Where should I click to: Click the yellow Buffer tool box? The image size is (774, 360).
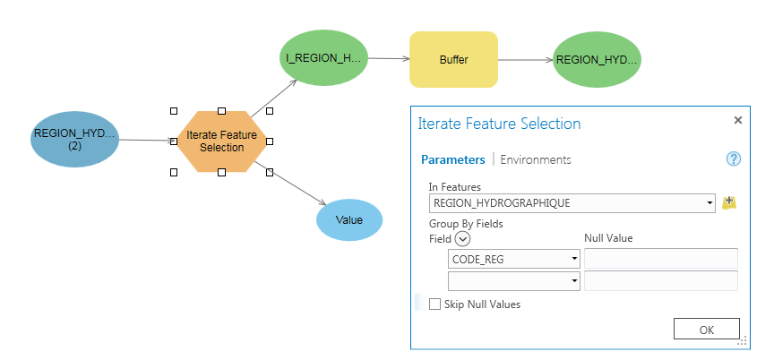(453, 60)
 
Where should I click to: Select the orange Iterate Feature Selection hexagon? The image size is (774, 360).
(221, 141)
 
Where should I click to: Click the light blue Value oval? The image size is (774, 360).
(348, 219)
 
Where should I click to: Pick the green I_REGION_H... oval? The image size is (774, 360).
(322, 58)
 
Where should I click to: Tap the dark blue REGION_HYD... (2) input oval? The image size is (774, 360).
(74, 140)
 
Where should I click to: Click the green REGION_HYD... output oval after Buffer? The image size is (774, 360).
(597, 60)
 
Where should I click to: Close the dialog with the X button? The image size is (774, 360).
(737, 120)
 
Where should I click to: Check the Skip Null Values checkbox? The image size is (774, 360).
(435, 304)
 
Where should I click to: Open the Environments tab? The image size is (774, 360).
(535, 159)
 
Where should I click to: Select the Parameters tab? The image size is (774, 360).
(452, 159)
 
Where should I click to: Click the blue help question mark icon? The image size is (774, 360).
(733, 159)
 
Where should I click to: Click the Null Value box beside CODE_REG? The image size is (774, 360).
(660, 259)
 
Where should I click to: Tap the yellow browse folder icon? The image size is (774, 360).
(729, 203)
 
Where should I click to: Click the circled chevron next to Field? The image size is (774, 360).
(462, 239)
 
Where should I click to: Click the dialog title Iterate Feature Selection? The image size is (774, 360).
(499, 124)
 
